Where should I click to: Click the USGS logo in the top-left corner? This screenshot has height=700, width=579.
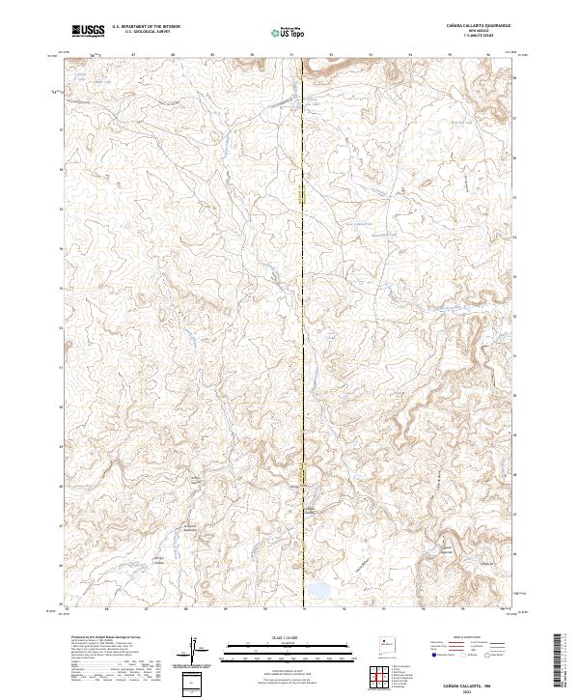coord(88,31)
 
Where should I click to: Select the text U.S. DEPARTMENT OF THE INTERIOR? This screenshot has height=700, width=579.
coord(146,27)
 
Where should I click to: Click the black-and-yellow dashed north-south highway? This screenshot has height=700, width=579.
coord(304,338)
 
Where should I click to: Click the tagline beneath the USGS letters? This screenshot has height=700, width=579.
coord(88,36)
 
